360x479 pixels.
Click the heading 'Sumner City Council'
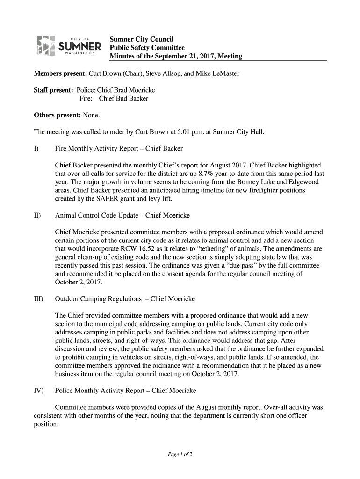141,39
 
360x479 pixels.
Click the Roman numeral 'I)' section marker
37,149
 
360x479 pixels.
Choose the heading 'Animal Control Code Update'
97,216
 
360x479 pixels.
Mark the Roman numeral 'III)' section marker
39,298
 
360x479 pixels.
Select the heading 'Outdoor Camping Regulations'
98,298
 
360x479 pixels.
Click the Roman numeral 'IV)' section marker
39,390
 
